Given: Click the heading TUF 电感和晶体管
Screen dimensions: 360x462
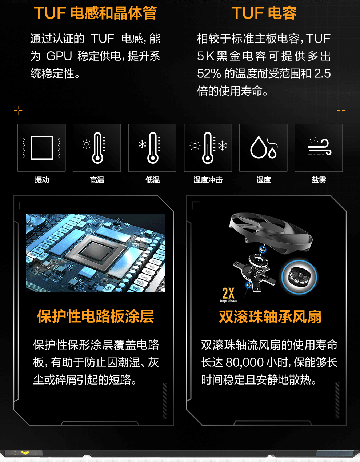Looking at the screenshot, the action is (x=95, y=13).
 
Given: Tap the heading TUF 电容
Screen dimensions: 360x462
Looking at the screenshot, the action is (x=264, y=13).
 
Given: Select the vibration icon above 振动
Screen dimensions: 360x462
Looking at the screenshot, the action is (x=41, y=148).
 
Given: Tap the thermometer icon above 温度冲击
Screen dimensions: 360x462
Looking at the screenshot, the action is (x=208, y=148).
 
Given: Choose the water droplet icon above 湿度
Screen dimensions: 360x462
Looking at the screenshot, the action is (x=264, y=147).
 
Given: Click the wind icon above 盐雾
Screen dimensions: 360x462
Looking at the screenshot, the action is (x=319, y=147).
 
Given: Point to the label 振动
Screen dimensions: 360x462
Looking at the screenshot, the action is (x=42, y=180).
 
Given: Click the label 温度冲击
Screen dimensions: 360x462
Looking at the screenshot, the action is (x=208, y=180).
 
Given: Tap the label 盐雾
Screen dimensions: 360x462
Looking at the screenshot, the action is (x=319, y=180).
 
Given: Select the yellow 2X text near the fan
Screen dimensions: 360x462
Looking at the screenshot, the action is (x=228, y=294).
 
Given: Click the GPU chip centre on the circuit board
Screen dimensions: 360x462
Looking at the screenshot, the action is (x=96, y=253).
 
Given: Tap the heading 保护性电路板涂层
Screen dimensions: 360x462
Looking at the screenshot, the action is (x=95, y=316).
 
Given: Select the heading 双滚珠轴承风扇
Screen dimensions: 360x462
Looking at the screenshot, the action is (x=270, y=317).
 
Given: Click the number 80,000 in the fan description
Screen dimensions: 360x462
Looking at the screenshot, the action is (x=245, y=362).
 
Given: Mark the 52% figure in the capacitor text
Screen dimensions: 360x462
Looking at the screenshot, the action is (x=209, y=73).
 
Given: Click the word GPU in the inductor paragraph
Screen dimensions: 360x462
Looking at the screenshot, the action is (x=59, y=56).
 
